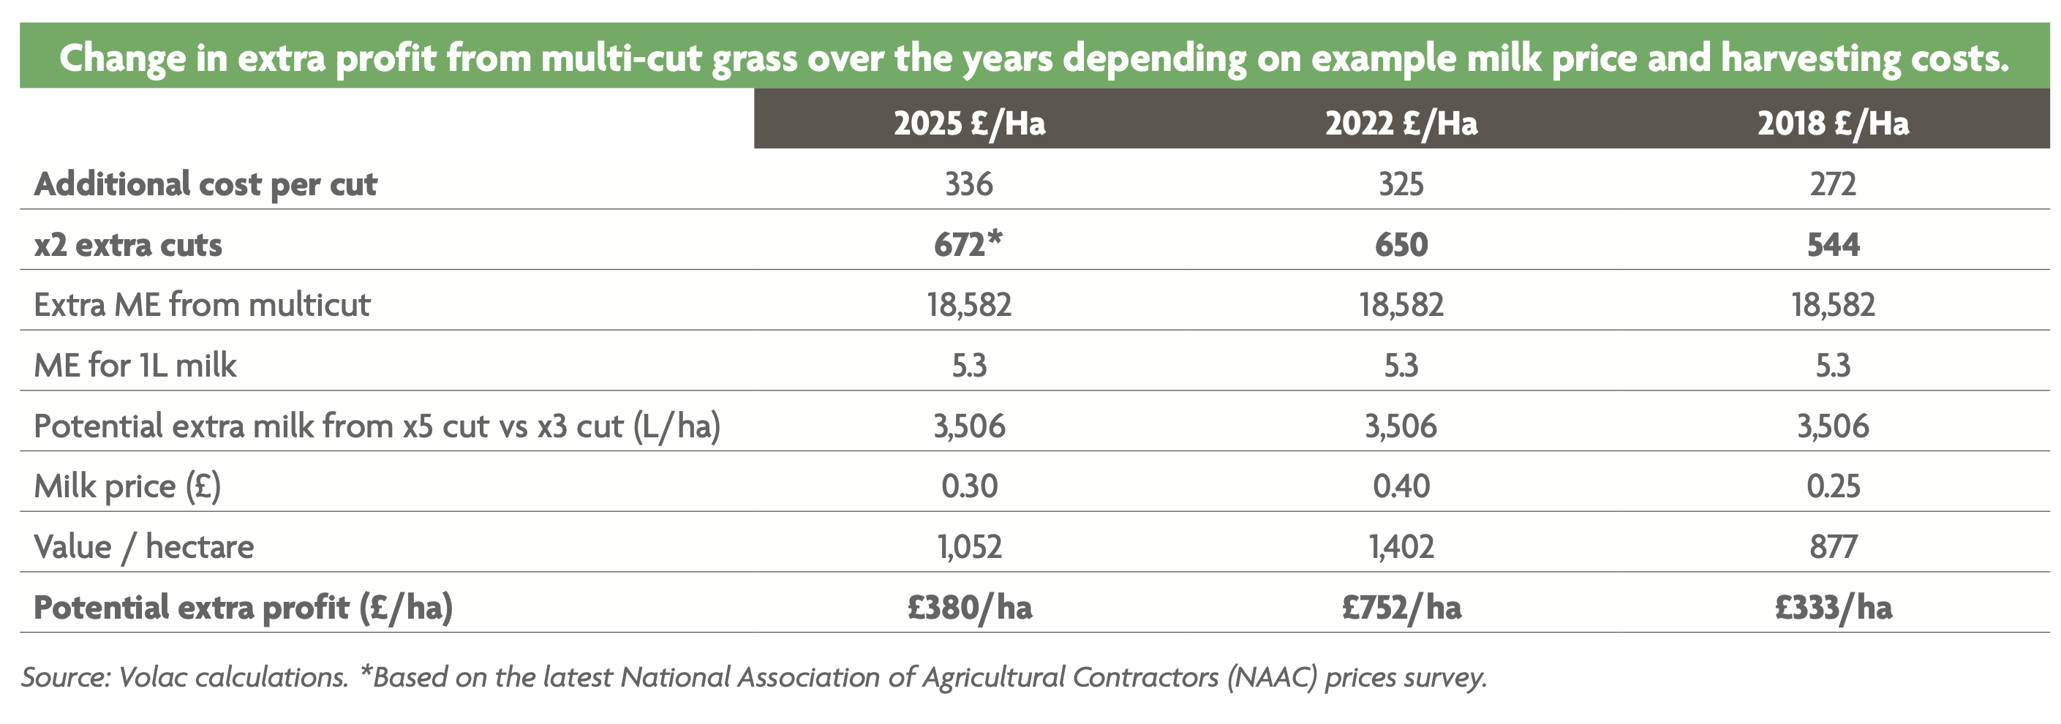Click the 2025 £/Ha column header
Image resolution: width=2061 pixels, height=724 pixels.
tap(969, 123)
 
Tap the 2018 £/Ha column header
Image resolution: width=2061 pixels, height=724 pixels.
tap(1833, 123)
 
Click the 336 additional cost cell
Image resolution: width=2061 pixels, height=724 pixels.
tap(969, 184)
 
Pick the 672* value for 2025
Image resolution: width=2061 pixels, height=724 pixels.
tap(968, 244)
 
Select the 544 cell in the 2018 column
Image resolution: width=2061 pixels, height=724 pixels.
tap(1833, 244)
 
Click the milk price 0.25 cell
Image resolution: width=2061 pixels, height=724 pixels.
tap(1833, 486)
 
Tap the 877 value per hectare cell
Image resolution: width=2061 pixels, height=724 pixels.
tap(1833, 547)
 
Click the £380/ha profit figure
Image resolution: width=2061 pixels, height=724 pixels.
tap(969, 608)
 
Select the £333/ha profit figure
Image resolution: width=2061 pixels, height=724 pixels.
tap(1833, 608)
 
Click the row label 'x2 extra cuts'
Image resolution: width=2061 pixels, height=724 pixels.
tap(128, 245)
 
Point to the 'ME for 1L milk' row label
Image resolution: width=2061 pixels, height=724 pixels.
tap(135, 366)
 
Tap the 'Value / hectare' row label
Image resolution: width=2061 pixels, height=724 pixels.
tap(144, 547)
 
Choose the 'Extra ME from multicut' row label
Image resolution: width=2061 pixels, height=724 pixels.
tap(202, 305)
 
